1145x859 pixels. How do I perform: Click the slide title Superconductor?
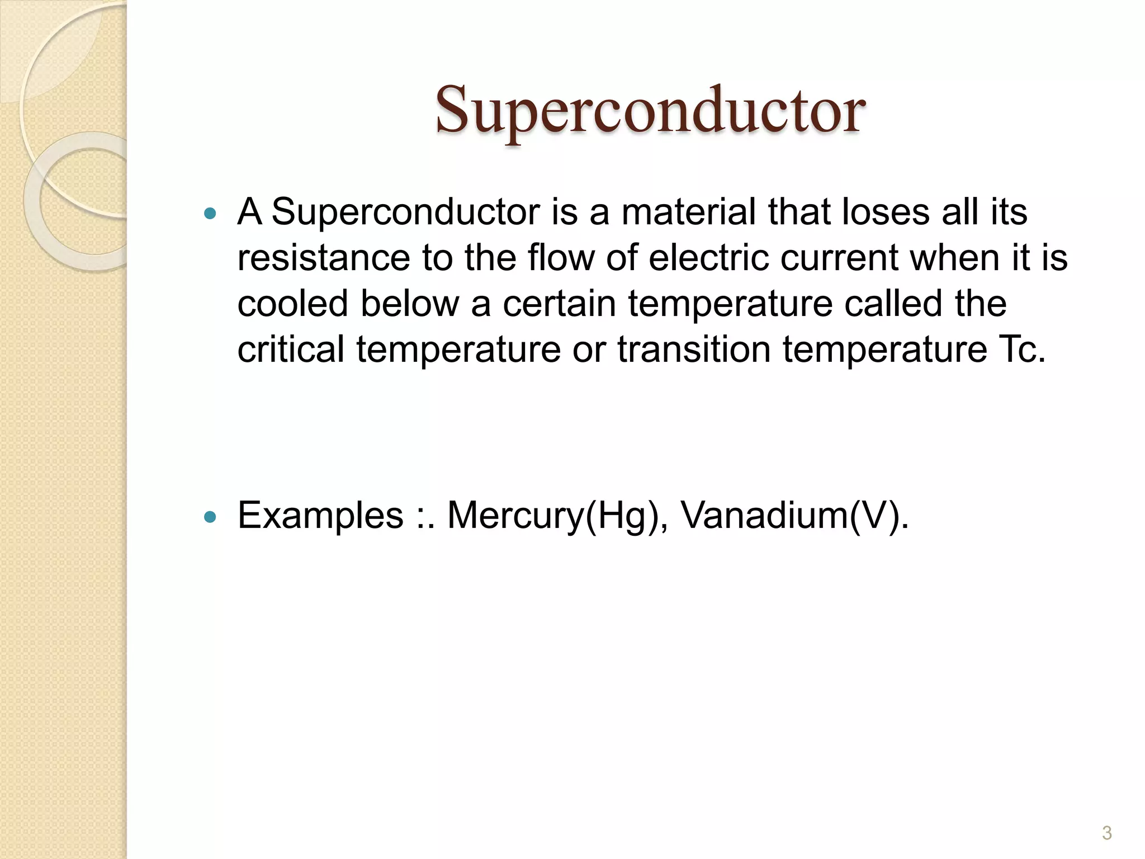point(650,110)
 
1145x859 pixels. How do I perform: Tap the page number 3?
point(1106,833)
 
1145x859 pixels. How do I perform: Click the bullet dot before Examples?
point(210,517)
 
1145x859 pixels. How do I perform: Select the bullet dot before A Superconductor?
point(210,213)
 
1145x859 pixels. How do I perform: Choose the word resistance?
point(324,258)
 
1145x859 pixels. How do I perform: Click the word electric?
point(708,258)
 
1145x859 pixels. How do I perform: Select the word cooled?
point(292,304)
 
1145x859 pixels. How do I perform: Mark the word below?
point(409,304)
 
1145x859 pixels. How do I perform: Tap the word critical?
point(291,350)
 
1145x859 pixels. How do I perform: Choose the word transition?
point(693,350)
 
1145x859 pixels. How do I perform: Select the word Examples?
point(320,516)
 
